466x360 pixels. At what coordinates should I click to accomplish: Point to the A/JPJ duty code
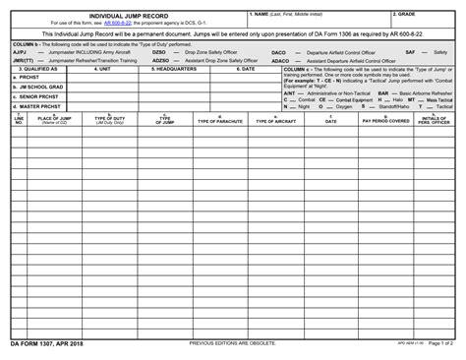pos(20,51)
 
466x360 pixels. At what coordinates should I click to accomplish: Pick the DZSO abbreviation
pos(160,51)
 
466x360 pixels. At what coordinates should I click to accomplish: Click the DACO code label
pos(278,51)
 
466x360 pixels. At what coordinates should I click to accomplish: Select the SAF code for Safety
pos(410,51)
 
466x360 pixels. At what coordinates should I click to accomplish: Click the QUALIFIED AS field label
pos(36,70)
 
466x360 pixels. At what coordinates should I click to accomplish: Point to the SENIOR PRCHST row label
pos(34,96)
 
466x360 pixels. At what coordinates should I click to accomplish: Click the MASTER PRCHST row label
pos(35,105)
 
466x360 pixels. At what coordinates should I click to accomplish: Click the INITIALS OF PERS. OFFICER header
pos(435,120)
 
